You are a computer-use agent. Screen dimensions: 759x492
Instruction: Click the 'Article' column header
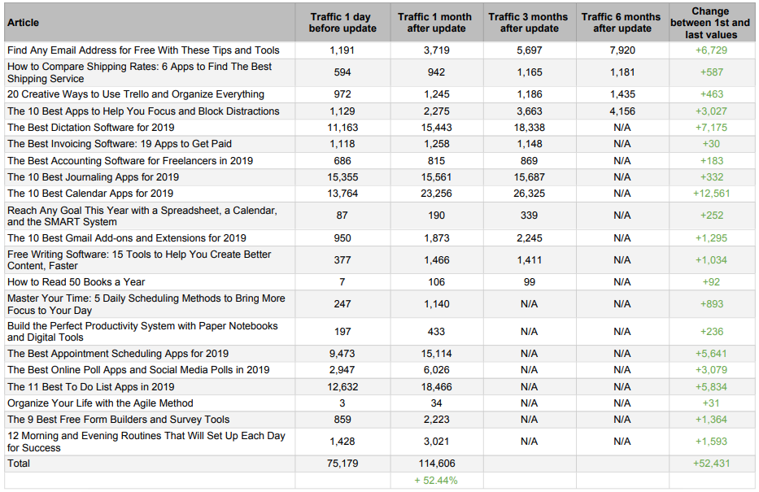[24, 23]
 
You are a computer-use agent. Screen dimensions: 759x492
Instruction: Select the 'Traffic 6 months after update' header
[622, 23]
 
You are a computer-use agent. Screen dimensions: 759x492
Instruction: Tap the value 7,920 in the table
[622, 50]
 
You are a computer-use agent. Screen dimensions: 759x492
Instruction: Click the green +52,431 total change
[711, 464]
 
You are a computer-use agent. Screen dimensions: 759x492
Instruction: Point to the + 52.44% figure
[436, 481]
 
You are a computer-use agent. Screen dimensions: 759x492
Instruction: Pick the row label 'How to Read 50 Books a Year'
[76, 282]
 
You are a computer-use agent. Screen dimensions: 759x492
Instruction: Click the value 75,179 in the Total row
[342, 464]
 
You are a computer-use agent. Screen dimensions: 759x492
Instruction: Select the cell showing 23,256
[436, 194]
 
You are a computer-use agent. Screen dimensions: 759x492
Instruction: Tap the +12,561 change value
[711, 194]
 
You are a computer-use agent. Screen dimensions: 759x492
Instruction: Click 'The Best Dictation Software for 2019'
[90, 128]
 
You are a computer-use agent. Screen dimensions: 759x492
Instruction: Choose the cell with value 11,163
[342, 128]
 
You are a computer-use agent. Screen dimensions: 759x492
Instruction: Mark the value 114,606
[437, 464]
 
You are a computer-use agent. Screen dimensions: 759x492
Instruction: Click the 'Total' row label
[19, 464]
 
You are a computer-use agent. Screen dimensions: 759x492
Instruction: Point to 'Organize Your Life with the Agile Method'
[100, 403]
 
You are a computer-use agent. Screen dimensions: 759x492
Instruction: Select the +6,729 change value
[711, 50]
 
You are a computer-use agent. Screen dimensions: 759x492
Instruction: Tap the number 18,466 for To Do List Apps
[436, 387]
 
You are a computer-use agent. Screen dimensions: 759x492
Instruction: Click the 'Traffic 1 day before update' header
[342, 23]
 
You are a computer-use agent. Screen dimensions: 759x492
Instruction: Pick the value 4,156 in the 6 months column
[622, 111]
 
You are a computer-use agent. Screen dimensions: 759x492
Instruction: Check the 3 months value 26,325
[529, 194]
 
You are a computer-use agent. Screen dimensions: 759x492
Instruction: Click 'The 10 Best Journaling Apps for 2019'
[93, 177]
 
